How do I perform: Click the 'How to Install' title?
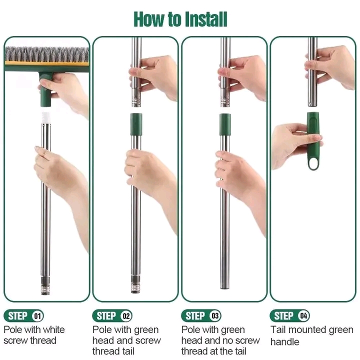pyautogui.click(x=180, y=19)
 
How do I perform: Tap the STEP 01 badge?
pyautogui.click(x=23, y=315)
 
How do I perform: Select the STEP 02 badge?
pyautogui.click(x=112, y=315)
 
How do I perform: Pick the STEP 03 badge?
pyautogui.click(x=201, y=315)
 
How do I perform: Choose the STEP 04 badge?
pyautogui.click(x=289, y=315)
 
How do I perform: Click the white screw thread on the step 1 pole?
pyautogui.click(x=45, y=117)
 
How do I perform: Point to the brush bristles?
pyautogui.click(x=46, y=54)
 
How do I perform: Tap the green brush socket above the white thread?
pyautogui.click(x=47, y=90)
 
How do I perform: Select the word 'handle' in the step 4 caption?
pyautogui.click(x=284, y=342)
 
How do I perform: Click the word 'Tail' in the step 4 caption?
pyautogui.click(x=278, y=329)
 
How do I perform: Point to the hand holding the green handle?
pyautogui.click(x=296, y=144)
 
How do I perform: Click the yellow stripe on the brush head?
pyautogui.click(x=46, y=63)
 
